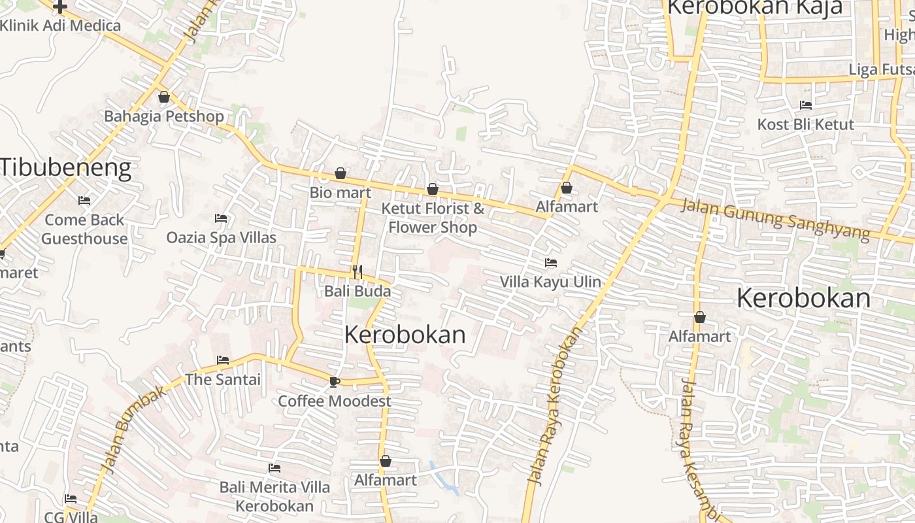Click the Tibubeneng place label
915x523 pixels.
pos(65,168)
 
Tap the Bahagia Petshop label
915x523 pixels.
pos(164,116)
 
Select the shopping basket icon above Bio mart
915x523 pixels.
pos(341,173)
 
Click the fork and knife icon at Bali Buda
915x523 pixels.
pos(357,272)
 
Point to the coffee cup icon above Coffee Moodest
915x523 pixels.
pos(335,382)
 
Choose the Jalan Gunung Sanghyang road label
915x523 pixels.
pos(775,219)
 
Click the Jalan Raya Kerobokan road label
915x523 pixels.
pos(555,406)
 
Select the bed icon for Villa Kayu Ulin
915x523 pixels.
pos(551,263)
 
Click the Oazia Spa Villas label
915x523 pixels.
pos(221,237)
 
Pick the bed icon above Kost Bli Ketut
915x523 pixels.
pos(806,105)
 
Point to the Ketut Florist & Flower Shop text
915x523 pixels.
pos(433,218)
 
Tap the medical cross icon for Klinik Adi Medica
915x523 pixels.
pos(60,7)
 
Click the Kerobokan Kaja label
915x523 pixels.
pos(754,8)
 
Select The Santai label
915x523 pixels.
pos(223,379)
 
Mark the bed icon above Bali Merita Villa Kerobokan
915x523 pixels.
pos(274,468)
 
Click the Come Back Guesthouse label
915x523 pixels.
pos(84,229)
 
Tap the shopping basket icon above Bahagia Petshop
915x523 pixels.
pos(164,97)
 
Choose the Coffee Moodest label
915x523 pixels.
pos(335,401)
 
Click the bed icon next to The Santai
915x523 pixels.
pos(223,360)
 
